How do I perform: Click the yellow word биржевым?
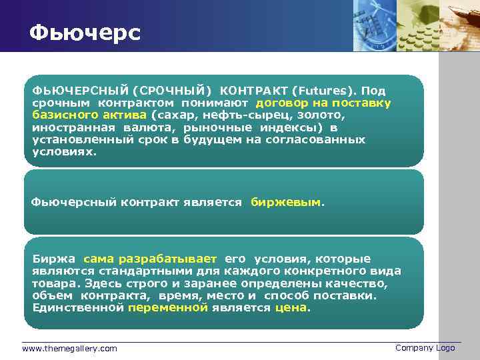285,202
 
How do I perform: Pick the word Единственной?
78,307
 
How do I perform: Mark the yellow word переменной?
168,307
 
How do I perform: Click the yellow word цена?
291,307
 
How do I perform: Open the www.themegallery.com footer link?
69,348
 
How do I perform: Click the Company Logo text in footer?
425,348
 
